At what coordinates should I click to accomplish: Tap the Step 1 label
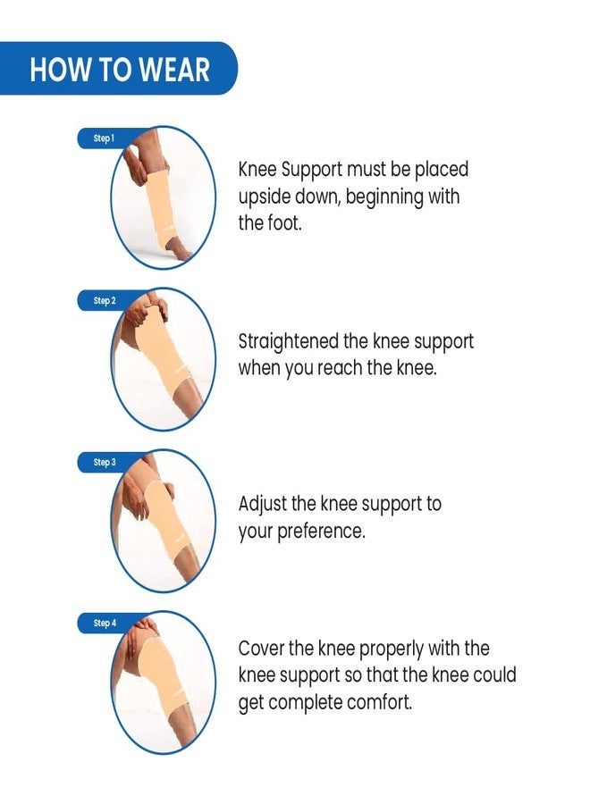[104, 138]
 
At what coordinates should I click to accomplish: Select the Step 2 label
[105, 300]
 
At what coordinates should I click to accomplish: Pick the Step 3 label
[105, 462]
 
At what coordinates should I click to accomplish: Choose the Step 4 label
[105, 623]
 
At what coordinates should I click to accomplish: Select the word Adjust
[262, 505]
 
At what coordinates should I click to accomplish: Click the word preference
[321, 532]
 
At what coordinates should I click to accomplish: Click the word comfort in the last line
[380, 702]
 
